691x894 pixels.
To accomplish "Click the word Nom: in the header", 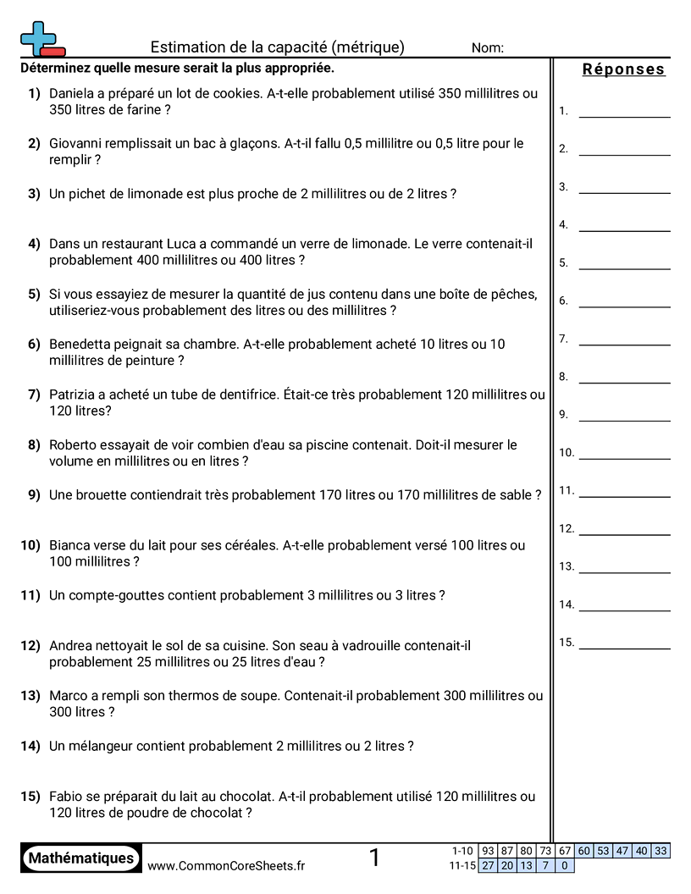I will click(488, 48).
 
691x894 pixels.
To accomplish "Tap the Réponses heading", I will click(624, 69).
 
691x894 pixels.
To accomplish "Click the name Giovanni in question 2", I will click(77, 144).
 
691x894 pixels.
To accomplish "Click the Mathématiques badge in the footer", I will click(81, 858).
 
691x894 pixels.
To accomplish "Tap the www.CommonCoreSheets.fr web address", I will click(226, 865).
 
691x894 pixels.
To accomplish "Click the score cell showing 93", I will click(488, 851).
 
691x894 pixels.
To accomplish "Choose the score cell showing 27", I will click(488, 865).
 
